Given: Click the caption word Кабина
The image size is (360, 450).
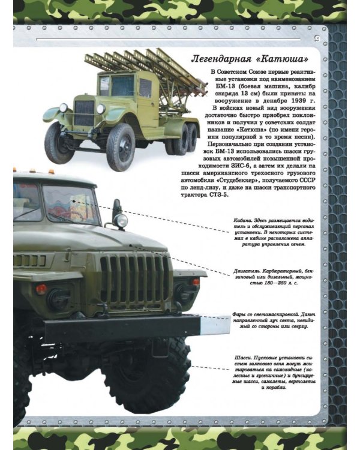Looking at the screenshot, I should (245, 220).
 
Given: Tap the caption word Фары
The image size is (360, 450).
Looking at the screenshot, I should (241, 314).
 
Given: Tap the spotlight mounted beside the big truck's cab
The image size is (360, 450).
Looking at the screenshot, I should (121, 220).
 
